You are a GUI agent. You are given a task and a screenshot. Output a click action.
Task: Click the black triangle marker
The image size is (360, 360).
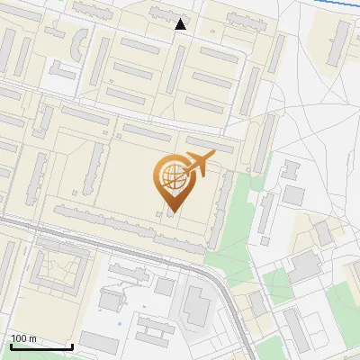(181, 24)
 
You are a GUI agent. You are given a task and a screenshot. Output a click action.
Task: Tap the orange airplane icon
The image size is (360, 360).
(198, 165)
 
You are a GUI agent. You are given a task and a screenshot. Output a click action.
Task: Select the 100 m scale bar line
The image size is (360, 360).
(41, 346)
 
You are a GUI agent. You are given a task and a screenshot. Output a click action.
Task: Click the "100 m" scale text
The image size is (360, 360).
(23, 338)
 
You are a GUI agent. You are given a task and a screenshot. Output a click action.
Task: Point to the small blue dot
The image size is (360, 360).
(120, 323)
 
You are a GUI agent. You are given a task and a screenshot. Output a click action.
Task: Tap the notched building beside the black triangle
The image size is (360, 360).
(164, 13)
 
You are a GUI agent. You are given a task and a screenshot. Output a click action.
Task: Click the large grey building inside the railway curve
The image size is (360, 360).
(195, 306)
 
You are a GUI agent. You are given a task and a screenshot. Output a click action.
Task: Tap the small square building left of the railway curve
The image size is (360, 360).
(164, 286)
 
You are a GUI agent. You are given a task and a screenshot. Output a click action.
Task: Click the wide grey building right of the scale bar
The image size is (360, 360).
(98, 341)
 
